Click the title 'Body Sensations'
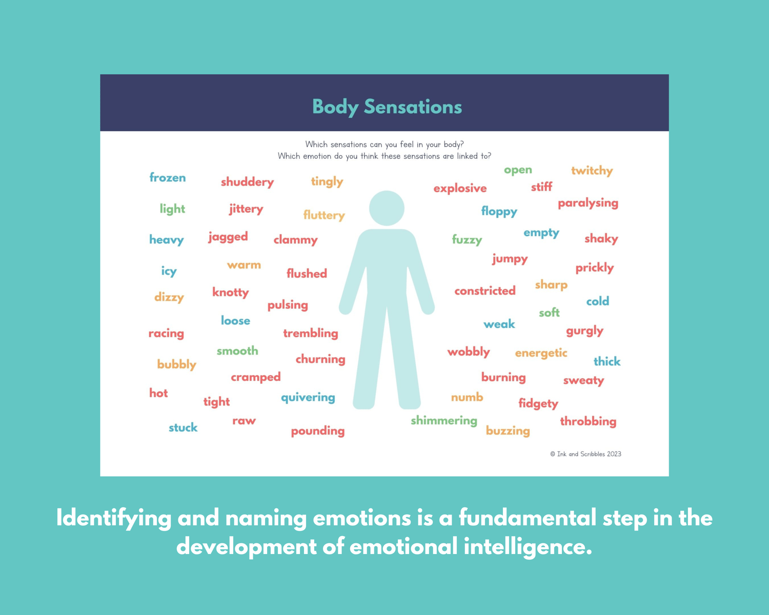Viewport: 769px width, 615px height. [387, 107]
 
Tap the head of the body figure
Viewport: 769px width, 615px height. [387, 208]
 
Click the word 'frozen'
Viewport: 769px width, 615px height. [168, 177]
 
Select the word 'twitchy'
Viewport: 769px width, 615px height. [592, 171]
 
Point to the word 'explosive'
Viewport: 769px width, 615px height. [460, 188]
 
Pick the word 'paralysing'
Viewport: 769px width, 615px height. [588, 203]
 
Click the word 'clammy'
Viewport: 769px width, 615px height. [295, 240]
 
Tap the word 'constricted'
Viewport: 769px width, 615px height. [485, 291]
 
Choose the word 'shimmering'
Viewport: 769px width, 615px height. [444, 421]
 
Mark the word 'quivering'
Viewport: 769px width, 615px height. [308, 397]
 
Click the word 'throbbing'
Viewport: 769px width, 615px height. [588, 421]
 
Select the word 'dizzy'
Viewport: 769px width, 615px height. [169, 297]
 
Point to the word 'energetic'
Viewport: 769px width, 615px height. [541, 353]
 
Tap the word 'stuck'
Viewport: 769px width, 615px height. [183, 427]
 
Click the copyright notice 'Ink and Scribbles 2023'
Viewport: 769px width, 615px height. [585, 454]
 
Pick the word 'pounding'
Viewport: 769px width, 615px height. [318, 431]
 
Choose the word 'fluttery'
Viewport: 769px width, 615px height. [324, 215]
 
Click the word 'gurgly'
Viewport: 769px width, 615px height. [584, 331]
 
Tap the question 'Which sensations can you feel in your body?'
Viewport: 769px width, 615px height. [385, 145]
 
